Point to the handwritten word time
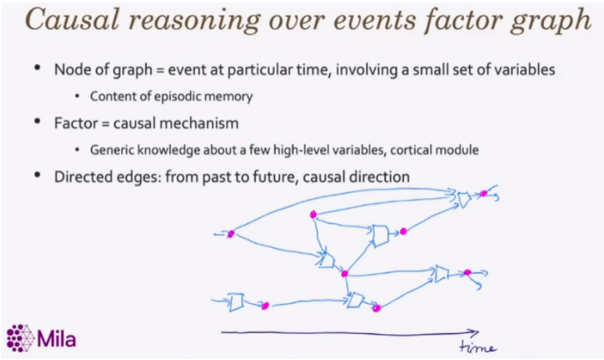tap(478, 347)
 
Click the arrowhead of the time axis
tap(474, 332)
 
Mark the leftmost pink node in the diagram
tap(231, 234)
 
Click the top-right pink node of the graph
tap(483, 193)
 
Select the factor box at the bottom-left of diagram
tap(235, 302)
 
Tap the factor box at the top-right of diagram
tap(464, 198)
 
